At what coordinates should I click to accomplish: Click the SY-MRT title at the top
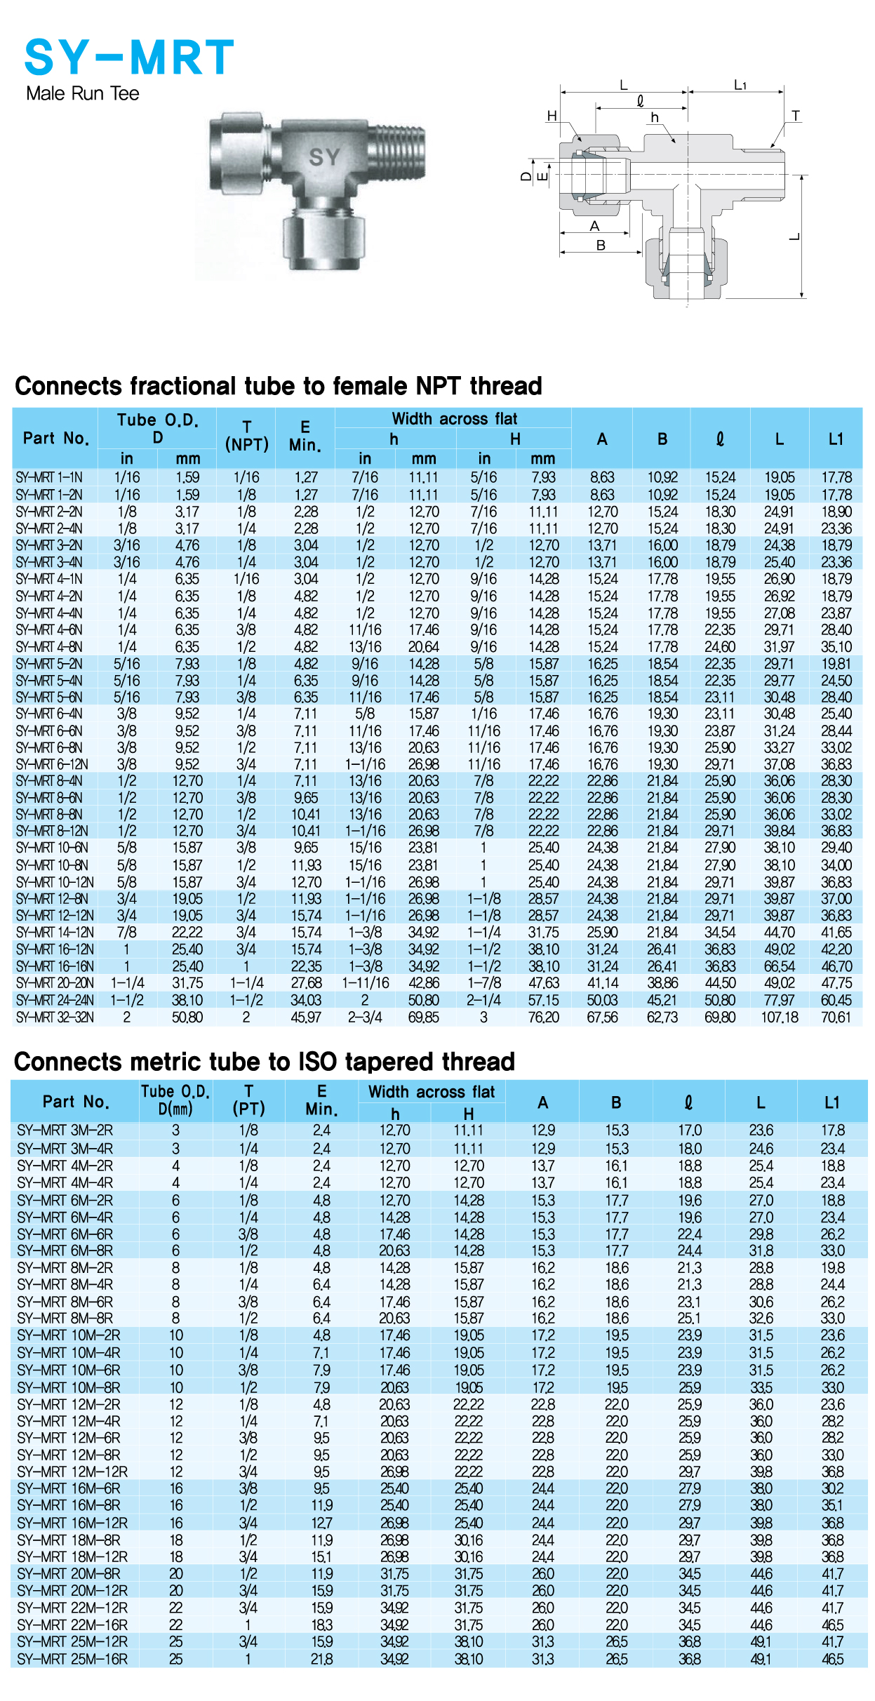coord(129,58)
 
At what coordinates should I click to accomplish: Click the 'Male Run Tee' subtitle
coord(83,93)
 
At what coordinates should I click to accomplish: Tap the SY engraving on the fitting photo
coord(324,157)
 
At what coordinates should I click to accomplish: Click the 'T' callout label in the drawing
coord(795,116)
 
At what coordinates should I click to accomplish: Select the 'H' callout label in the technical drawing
coord(552,116)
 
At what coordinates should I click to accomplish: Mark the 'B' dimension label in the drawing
coord(601,246)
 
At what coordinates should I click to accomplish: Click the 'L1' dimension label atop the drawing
coord(740,85)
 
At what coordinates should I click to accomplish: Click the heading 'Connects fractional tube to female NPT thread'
coord(279,386)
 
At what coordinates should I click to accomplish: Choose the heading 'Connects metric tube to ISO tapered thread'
coord(265,1062)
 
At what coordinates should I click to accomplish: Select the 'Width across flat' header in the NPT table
coord(454,419)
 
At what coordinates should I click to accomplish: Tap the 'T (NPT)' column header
coord(246,436)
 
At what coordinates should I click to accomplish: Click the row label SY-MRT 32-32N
coord(55,1017)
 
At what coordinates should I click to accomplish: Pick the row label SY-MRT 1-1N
coord(49,478)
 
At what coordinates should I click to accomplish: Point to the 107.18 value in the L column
coord(780,1017)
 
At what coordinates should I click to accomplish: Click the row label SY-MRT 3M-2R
coord(65,1130)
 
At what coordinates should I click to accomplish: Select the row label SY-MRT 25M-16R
coord(72,1659)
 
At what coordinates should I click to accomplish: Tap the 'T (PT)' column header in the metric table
coord(248,1100)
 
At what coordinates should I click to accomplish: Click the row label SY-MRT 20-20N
coord(55,983)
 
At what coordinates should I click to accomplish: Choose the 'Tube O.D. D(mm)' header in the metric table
coord(175,1100)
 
